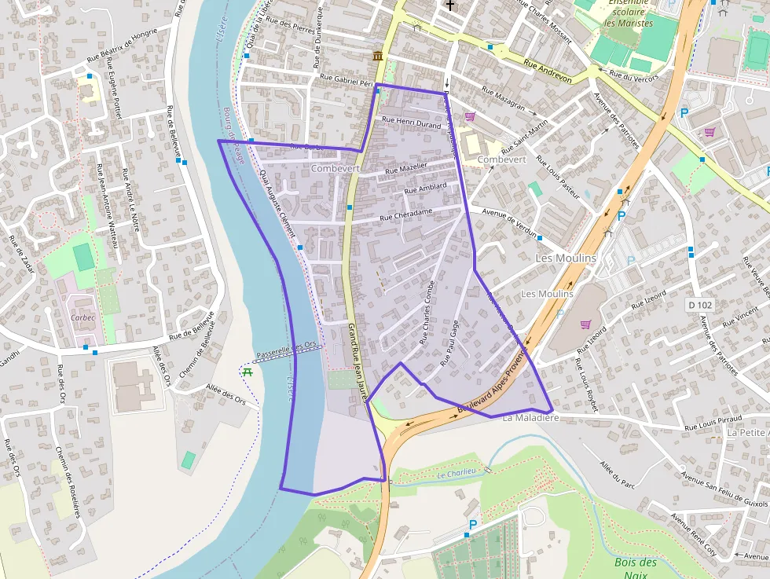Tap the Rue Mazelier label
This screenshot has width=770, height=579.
[x=406, y=168]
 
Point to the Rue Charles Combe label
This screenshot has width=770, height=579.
[x=427, y=313]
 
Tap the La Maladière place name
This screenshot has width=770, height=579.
[x=530, y=418]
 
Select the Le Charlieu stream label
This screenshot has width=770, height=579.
[x=457, y=474]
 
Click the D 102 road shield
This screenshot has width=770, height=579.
[x=698, y=304]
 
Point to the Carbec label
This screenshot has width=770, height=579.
[x=82, y=318]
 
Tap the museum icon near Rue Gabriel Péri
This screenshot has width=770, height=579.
[x=379, y=56]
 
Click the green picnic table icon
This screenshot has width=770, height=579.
[x=247, y=371]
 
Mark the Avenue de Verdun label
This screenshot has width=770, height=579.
[x=509, y=223]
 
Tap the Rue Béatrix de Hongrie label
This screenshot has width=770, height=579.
[x=122, y=46]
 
